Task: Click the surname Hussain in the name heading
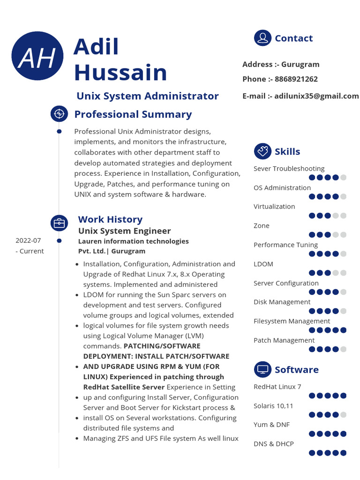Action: coord(120,73)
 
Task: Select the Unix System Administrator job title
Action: coord(147,96)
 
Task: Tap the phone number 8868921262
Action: coord(296,79)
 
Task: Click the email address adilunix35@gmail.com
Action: coord(316,96)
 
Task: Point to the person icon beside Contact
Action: coord(262,38)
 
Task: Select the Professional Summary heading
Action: coord(133,114)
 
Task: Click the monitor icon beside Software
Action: coord(262,369)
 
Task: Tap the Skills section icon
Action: coord(262,151)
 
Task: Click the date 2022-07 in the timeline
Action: coord(28,240)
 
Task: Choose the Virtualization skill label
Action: coord(274,206)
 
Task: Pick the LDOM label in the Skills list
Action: coord(263,264)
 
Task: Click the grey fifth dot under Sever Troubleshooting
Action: coord(343,178)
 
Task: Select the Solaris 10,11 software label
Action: coord(273,405)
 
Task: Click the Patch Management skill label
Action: coord(284,340)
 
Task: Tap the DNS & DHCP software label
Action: coord(274,443)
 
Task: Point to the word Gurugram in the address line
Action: coord(300,64)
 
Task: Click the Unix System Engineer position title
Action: coord(124,231)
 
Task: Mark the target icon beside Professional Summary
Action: coord(59,114)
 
